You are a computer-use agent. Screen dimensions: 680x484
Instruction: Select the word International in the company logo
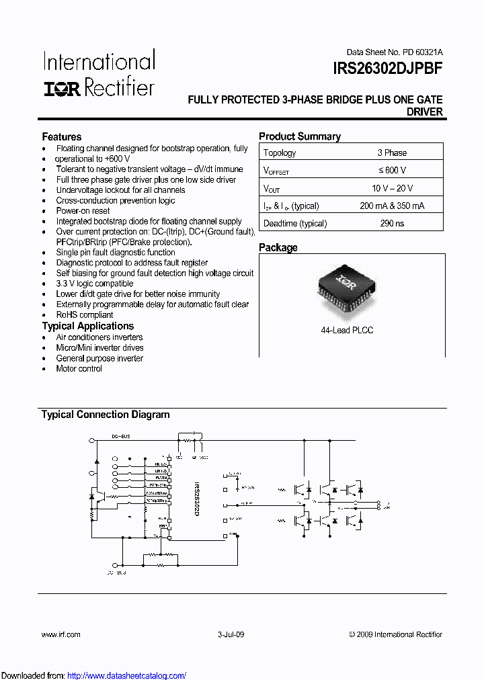coord(99,62)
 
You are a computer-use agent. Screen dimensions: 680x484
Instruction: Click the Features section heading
coord(62,136)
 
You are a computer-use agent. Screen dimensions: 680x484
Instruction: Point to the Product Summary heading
coord(300,136)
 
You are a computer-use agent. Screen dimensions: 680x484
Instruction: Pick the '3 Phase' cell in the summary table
coord(392,153)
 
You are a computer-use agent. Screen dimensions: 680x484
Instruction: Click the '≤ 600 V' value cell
coord(392,171)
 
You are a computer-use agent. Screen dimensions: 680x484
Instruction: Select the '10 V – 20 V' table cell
coord(392,188)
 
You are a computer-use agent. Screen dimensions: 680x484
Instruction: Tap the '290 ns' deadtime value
coord(392,223)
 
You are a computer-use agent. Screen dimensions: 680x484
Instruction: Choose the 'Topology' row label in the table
coord(280,153)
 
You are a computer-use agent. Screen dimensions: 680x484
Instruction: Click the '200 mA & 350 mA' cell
coord(392,206)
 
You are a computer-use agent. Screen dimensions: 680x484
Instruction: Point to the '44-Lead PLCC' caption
coord(347,330)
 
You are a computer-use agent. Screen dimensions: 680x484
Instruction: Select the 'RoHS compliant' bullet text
coord(85,314)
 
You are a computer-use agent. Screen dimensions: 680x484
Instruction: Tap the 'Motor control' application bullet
coord(79,368)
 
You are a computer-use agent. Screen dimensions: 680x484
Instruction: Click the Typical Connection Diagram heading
coord(106,415)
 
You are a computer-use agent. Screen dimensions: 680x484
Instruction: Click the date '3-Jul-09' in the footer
coord(231,634)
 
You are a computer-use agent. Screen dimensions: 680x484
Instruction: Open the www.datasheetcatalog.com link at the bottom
coord(127,675)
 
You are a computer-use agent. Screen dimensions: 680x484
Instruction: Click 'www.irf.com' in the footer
coord(61,634)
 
